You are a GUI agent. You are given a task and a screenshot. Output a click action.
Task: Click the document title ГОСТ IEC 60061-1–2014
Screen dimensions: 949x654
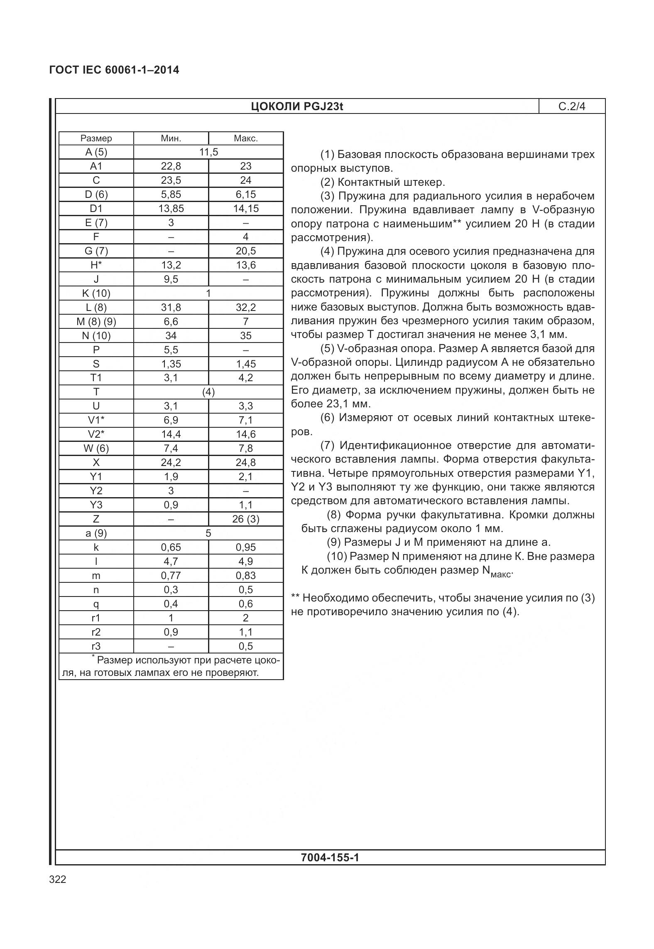[x=114, y=70]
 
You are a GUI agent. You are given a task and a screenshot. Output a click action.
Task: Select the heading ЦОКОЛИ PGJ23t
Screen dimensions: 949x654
[x=296, y=107]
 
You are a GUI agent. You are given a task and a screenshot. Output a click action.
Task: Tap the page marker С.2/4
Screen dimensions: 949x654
[x=571, y=107]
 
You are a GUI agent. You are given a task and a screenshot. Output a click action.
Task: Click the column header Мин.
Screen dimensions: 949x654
[x=171, y=138]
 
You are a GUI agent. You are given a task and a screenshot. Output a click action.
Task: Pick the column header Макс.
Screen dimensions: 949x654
[x=245, y=138]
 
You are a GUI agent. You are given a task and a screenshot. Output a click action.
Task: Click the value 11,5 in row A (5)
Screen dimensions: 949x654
[x=208, y=152]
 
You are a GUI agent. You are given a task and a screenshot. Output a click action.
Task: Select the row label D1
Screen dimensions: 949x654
[x=96, y=209]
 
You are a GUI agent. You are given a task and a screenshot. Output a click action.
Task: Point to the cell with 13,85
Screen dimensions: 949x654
[x=171, y=209]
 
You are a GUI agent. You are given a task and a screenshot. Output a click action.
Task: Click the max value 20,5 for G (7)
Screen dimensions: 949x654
[x=245, y=251]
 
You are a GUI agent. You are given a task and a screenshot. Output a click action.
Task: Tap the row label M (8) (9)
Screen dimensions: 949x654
[x=96, y=322]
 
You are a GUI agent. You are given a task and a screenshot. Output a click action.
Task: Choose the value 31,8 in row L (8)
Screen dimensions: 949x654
[x=171, y=308]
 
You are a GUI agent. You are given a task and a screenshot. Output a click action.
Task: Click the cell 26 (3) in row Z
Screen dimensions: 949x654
[x=245, y=519]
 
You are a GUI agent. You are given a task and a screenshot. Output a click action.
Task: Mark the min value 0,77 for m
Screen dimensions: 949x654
[x=171, y=576]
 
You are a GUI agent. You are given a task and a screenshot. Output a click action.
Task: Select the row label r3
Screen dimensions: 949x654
[x=96, y=646]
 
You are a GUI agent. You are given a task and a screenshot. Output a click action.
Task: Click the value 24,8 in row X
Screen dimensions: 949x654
[x=245, y=463]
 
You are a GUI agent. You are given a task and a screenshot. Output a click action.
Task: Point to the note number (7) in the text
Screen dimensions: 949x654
[x=327, y=446]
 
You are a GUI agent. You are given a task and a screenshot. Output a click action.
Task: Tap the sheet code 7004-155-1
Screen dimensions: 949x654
[x=330, y=858]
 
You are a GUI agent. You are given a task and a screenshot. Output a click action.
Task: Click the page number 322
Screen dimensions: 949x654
[x=57, y=880]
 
